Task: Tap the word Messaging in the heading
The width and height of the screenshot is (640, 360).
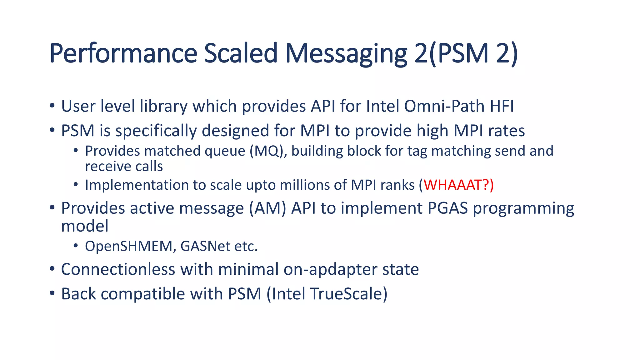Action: (346, 54)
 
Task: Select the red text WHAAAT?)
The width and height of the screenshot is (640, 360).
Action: (458, 185)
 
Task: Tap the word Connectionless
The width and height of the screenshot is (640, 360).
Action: (118, 269)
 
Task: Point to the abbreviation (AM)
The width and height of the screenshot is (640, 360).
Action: (267, 208)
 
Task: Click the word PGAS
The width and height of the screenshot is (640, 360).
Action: (447, 208)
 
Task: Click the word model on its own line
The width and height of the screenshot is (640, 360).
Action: (85, 226)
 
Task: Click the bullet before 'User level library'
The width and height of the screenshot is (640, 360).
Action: (52, 106)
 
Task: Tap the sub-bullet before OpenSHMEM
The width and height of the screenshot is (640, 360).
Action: (76, 246)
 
